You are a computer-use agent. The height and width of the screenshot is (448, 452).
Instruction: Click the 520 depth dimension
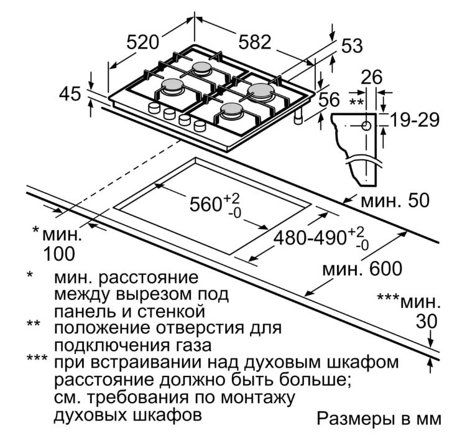(142, 42)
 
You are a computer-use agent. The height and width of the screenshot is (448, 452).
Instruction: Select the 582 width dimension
(255, 42)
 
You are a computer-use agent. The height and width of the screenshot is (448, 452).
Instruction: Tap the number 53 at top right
(351, 46)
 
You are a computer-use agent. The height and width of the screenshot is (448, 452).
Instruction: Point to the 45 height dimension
(70, 94)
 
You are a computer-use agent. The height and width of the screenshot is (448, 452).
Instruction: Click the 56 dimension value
(329, 100)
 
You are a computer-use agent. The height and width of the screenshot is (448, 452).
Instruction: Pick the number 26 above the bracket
(371, 77)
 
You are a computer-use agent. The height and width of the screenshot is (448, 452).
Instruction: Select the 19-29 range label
(415, 120)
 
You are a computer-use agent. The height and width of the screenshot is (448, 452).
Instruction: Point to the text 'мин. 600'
(362, 269)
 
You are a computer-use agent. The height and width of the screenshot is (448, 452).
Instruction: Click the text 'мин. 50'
(395, 200)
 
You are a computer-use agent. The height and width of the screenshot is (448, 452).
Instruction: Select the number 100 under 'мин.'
(59, 254)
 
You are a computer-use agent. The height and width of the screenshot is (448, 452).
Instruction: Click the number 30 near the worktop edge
(427, 322)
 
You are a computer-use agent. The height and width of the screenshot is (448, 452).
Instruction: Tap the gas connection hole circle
(366, 126)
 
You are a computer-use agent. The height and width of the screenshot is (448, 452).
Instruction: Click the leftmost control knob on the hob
(154, 108)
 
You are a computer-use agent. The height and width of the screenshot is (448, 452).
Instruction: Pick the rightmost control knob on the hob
(200, 126)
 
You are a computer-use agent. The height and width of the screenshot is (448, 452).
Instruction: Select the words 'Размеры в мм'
(379, 419)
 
